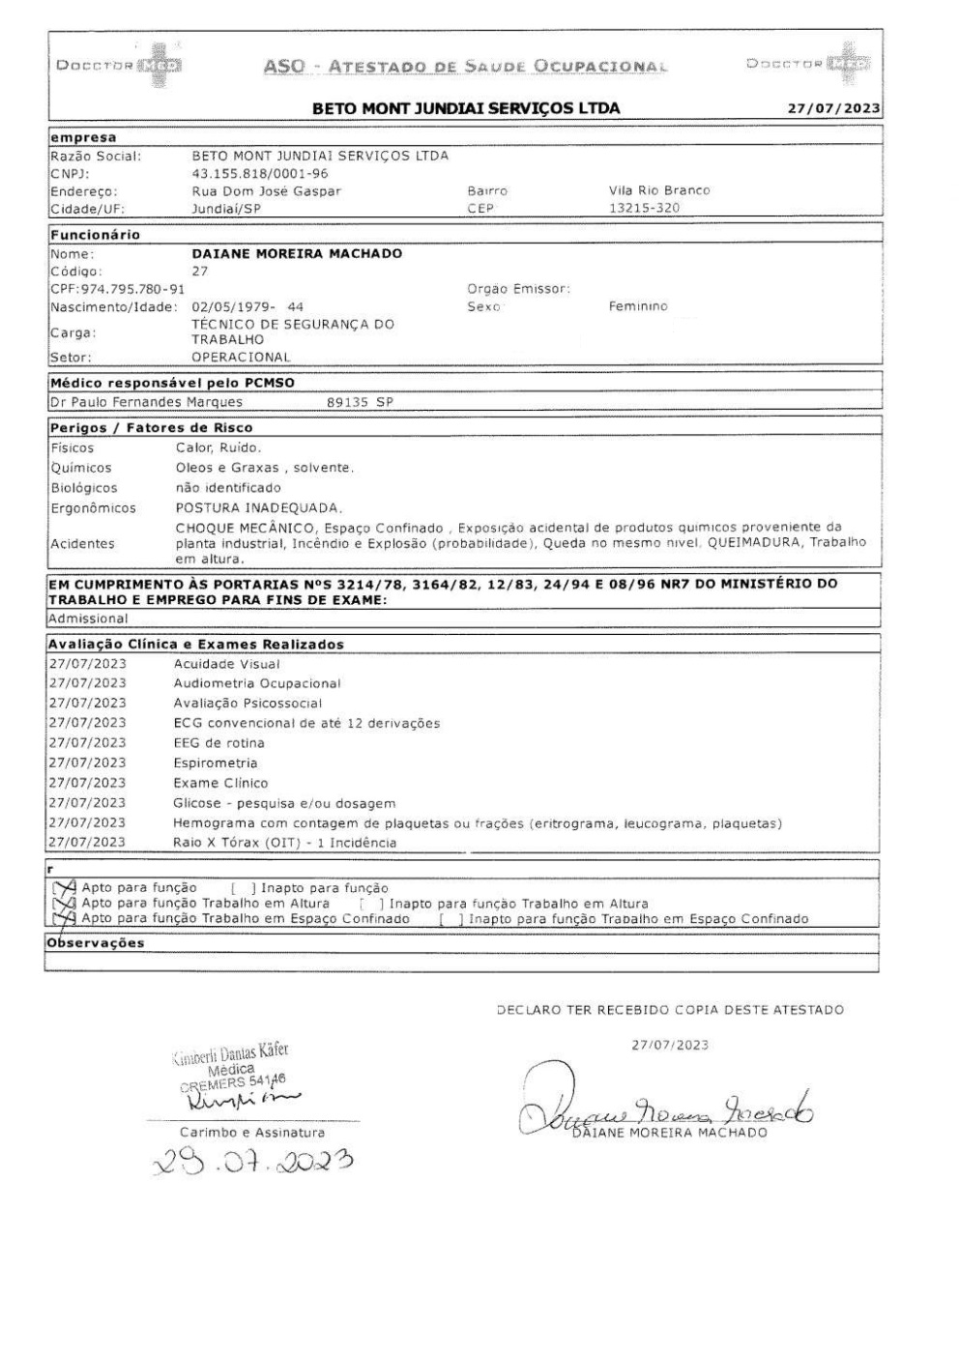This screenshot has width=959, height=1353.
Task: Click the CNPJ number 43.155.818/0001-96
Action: pyautogui.click(x=260, y=174)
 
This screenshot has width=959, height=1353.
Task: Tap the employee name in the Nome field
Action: pyautogui.click(x=297, y=254)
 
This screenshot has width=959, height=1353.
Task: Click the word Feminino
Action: pyautogui.click(x=638, y=307)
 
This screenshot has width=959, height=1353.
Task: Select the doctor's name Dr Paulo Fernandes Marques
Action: pyautogui.click(x=146, y=402)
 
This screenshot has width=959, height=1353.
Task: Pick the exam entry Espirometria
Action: pyautogui.click(x=215, y=763)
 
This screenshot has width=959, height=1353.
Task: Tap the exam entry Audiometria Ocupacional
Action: pyautogui.click(x=256, y=683)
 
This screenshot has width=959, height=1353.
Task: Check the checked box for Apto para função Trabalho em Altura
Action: pyautogui.click(x=64, y=904)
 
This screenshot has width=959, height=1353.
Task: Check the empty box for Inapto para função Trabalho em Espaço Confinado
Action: pyautogui.click(x=447, y=919)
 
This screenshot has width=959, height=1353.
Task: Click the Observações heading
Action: pyautogui.click(x=96, y=943)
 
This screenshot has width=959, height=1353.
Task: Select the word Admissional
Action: pyautogui.click(x=88, y=619)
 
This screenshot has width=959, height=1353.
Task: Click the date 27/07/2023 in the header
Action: pyautogui.click(x=833, y=108)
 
